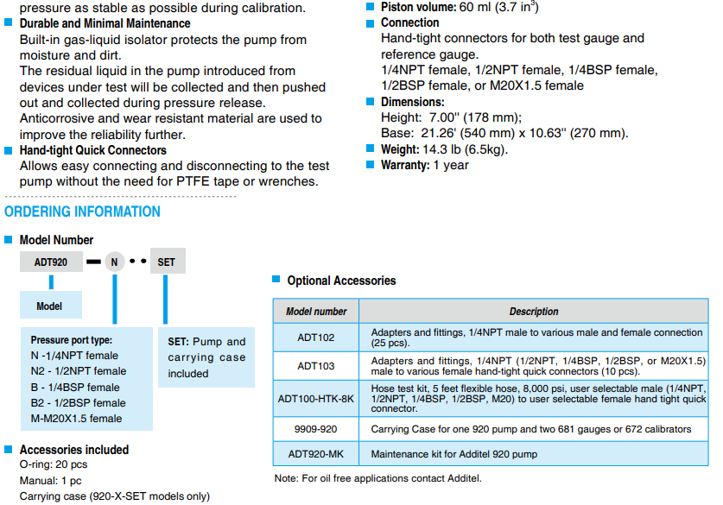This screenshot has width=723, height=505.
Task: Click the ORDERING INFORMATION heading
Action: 83,211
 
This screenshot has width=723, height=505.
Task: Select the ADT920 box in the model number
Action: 52,262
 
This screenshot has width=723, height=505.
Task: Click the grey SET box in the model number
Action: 168,262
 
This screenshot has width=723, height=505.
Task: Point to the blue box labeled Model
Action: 50,306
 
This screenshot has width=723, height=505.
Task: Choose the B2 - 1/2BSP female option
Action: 79,402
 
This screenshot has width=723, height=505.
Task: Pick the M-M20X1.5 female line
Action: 76,419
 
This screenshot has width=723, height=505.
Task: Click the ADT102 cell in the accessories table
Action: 316,338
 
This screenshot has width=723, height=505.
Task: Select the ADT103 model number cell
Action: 316,365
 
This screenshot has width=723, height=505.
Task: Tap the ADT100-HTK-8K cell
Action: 316,398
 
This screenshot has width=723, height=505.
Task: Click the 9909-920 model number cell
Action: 316,429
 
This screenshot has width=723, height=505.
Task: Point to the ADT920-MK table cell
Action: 316,454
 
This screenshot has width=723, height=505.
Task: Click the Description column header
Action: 533,312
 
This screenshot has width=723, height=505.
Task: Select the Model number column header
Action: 316,312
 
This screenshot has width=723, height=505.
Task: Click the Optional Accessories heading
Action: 341,281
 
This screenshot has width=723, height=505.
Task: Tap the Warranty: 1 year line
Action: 424,165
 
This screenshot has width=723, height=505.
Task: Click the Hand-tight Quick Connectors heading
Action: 92,150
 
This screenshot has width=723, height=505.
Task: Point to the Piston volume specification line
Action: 447,7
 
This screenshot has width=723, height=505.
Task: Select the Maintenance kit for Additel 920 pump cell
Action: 453,454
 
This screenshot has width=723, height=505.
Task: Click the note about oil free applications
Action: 377,478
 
